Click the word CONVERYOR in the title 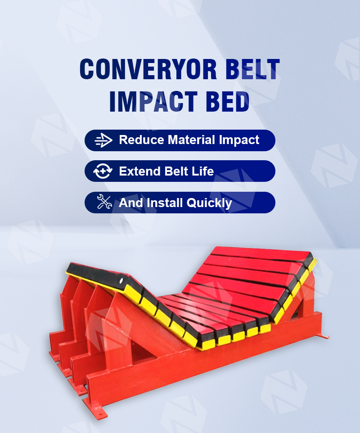point(148,69)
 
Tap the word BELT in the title point(252,69)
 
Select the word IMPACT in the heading point(153,101)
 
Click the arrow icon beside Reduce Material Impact point(103,140)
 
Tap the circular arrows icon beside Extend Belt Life point(103,171)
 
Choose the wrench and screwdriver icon point(104,201)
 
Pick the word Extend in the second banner point(139,171)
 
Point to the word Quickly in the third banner point(209,203)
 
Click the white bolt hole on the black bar point(121,281)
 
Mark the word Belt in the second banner point(176,171)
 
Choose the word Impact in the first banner point(239,140)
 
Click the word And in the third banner point(131,203)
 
